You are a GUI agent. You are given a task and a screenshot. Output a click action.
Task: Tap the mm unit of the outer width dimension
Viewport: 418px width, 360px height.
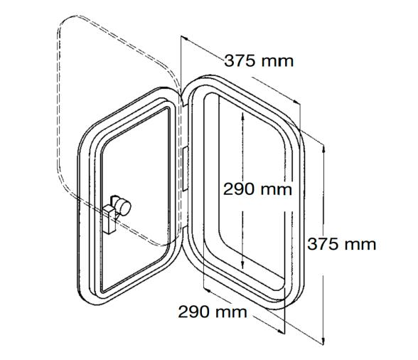pos(277,61)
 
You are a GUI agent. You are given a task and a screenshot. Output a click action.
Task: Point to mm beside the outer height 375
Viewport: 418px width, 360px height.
pos(359,244)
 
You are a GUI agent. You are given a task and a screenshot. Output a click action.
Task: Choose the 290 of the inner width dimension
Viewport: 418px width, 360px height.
pos(192,312)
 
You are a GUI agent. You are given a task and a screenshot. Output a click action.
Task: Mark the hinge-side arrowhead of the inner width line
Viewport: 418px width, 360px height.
pos(205,290)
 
